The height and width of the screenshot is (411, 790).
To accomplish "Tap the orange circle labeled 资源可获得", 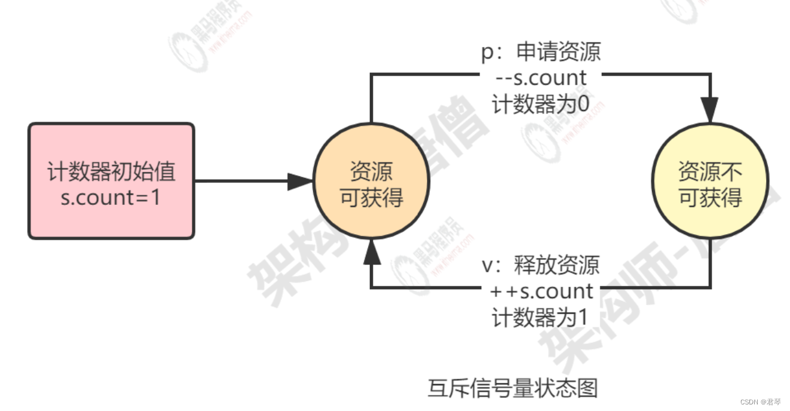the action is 371,181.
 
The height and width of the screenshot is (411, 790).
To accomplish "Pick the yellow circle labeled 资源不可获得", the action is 710,181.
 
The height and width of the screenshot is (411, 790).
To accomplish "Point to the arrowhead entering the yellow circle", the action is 710,111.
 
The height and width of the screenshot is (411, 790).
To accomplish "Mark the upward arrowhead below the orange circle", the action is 372,251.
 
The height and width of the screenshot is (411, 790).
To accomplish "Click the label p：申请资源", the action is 541,53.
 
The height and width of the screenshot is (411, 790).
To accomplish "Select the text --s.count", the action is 541,78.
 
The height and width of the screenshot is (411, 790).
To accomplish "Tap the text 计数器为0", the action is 541,103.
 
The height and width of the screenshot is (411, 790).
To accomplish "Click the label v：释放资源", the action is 541,265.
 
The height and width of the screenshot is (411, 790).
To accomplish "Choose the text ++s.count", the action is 541,292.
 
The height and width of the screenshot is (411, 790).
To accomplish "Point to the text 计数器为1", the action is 541,317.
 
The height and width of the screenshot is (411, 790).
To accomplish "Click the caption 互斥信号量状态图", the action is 513,389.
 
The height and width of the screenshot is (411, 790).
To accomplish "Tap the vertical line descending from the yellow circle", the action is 710,263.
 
